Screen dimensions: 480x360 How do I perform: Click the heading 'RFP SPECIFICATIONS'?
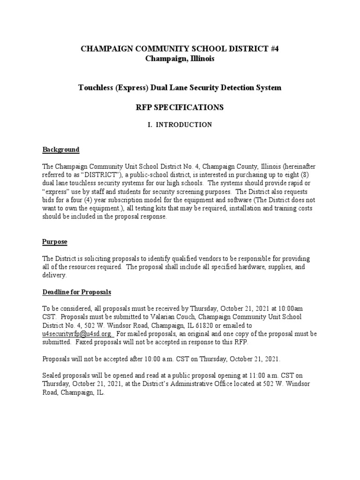pos(180,107)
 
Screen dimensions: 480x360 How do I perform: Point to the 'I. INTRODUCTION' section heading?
pos(180,125)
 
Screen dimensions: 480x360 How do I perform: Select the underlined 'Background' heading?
pos(61,150)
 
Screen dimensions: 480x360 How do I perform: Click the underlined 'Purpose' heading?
pos(55,242)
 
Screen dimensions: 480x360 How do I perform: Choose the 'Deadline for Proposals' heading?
pos(77,292)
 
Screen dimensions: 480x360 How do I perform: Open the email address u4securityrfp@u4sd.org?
pos(77,334)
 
